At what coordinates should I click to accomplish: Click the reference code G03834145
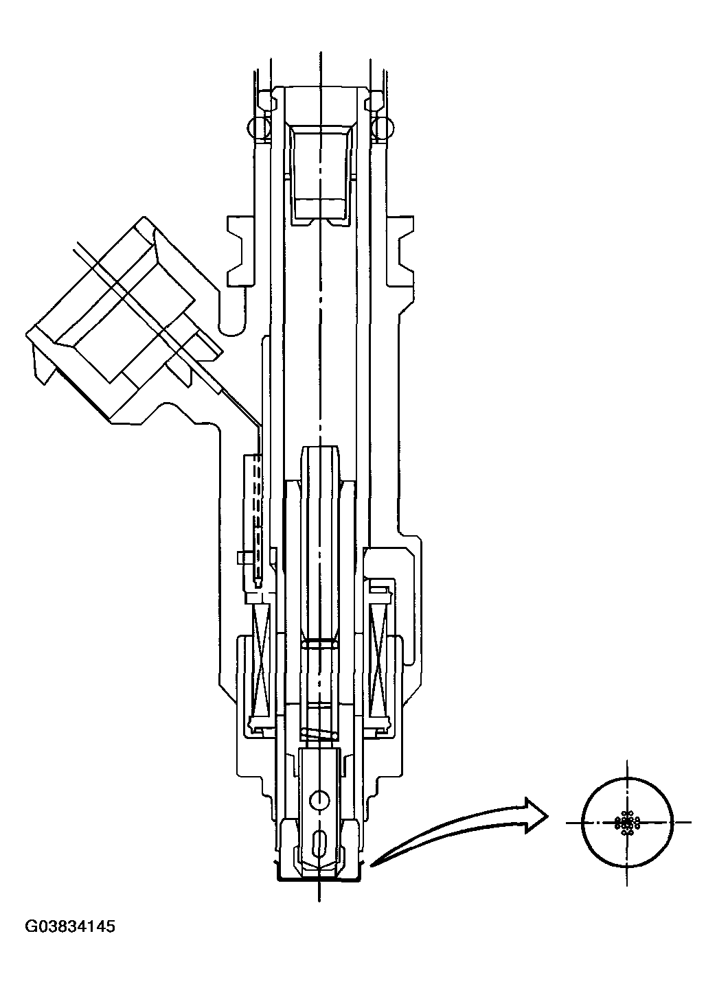[70, 927]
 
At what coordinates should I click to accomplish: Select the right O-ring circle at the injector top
[382, 126]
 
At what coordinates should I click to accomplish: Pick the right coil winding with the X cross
[379, 659]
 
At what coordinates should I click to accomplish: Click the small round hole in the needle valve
[319, 799]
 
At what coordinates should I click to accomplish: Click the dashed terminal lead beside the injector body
[256, 515]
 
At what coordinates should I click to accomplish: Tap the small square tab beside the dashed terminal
[240, 558]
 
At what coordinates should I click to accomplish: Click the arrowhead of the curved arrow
[534, 815]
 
